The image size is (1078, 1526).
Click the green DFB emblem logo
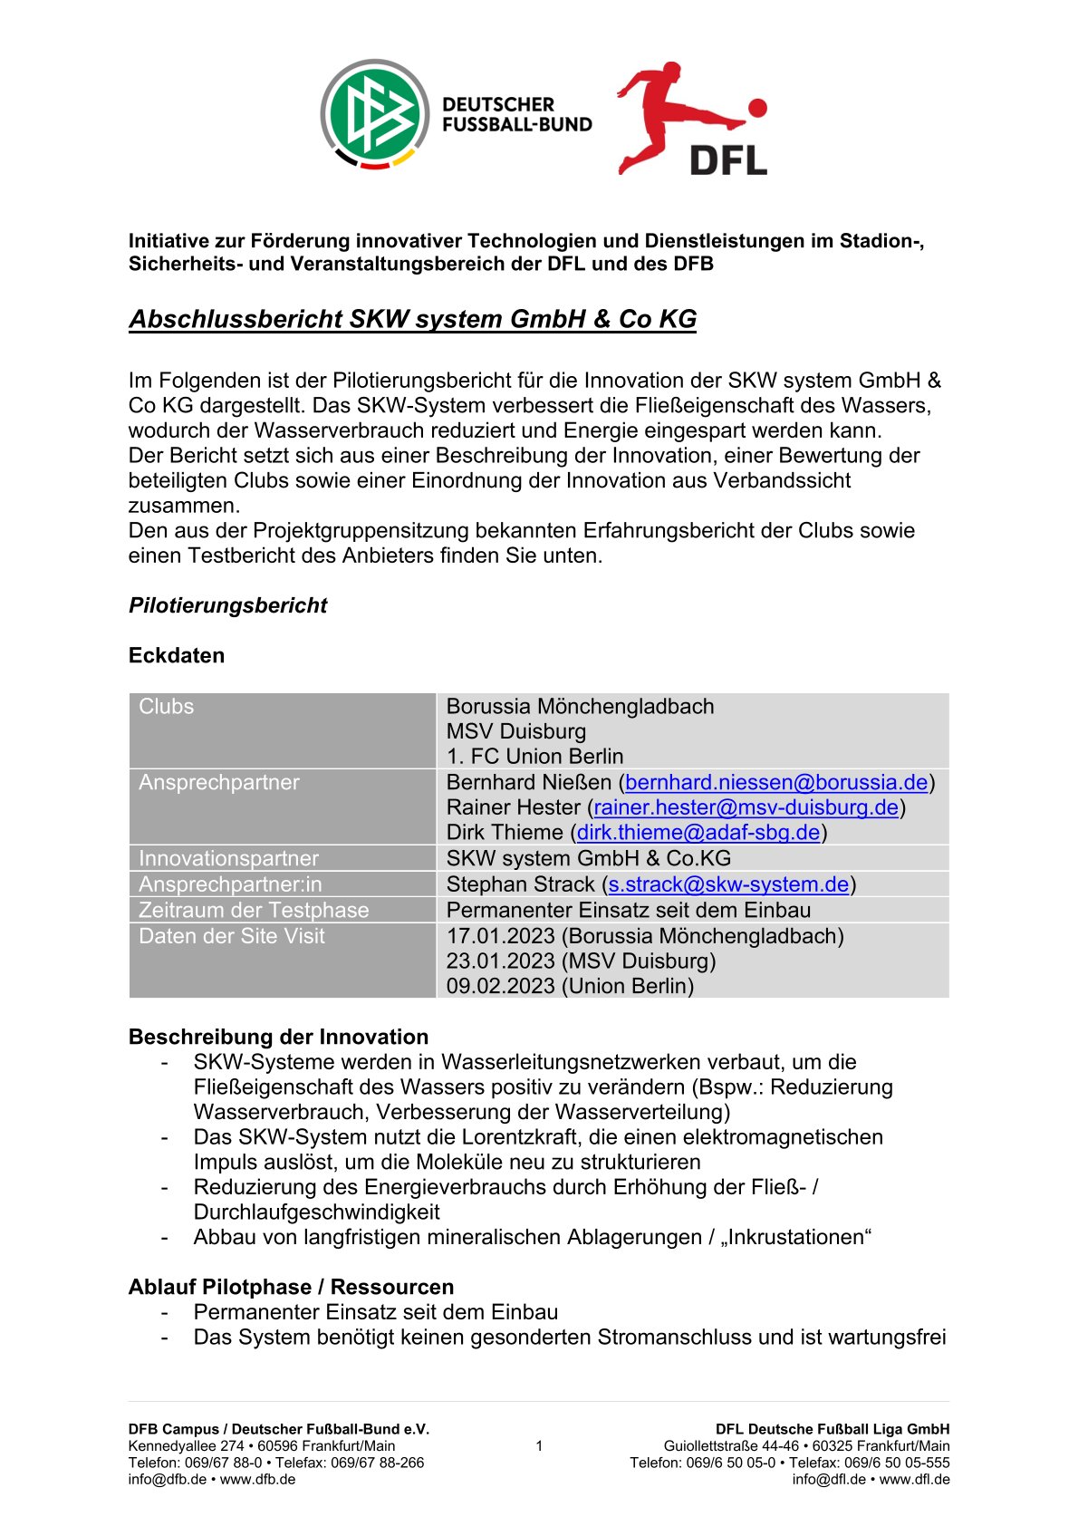[374, 115]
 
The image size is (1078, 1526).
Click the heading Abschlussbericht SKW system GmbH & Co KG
[412, 319]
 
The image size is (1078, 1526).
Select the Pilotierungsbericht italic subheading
[227, 605]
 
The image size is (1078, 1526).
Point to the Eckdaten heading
[177, 655]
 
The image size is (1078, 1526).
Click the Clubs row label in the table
[167, 707]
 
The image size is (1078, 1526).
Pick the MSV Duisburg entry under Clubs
[516, 731]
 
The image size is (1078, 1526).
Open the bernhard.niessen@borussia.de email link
[776, 782]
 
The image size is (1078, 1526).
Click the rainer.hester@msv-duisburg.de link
[746, 807]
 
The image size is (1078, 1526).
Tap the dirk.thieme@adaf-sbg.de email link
[698, 832]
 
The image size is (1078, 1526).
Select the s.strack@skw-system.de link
[728, 884]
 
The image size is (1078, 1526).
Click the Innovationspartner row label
[228, 858]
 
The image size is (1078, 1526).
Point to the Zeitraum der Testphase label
[254, 910]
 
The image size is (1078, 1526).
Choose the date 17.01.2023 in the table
[500, 936]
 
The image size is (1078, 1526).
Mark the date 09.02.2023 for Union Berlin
[500, 986]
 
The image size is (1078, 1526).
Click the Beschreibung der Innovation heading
[278, 1037]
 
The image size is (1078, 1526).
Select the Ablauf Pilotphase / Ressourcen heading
[291, 1287]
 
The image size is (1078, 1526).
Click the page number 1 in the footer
[539, 1446]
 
